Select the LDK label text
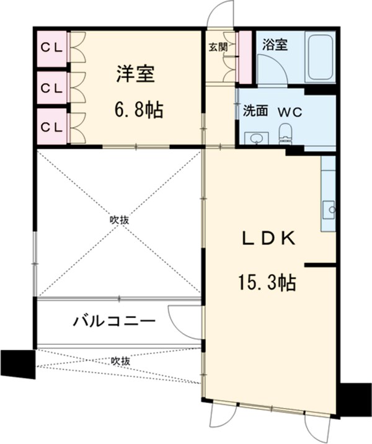tap(266, 239)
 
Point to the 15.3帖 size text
tap(266, 283)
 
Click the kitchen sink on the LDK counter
tap(329, 209)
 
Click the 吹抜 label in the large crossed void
tap(120, 220)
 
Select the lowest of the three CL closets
tap(51, 126)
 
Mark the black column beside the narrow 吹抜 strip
tap(18, 363)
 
